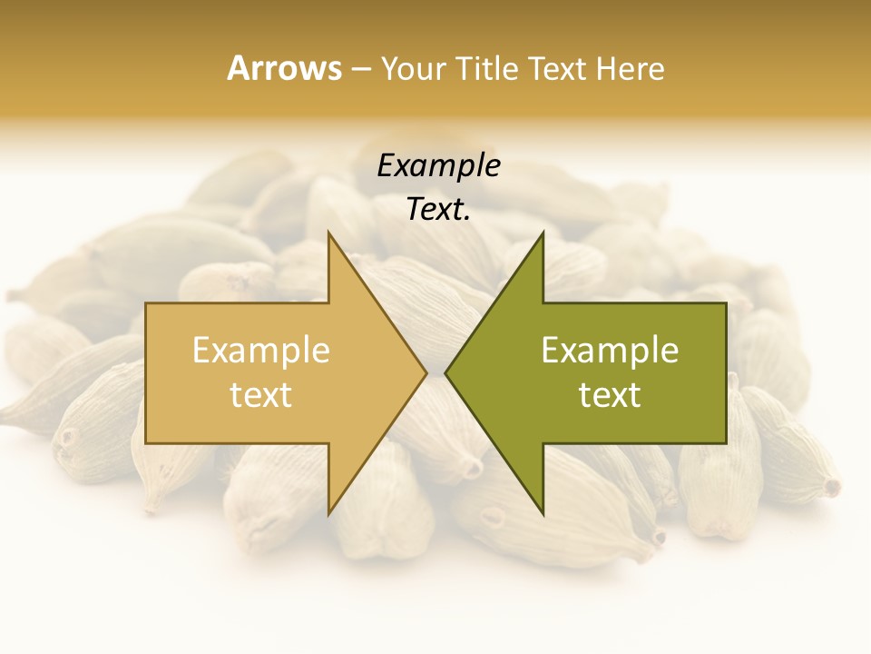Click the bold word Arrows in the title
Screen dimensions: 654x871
coord(284,68)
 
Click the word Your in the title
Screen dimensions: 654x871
coord(413,68)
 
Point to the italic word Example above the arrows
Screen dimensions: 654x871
coord(438,166)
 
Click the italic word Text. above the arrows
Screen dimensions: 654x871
coord(438,209)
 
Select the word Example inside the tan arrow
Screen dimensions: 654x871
coord(261,351)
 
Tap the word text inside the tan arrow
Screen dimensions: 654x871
coord(261,395)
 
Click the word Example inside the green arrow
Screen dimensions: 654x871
coord(610,351)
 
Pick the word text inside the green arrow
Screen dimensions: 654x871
coord(610,395)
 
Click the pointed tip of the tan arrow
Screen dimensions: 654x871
coord(426,372)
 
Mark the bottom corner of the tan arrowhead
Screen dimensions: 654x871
coord(328,513)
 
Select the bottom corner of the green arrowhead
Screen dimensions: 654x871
coord(543,513)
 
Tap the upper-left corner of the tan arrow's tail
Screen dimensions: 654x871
coord(146,303)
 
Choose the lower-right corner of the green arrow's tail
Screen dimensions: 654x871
coord(726,443)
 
